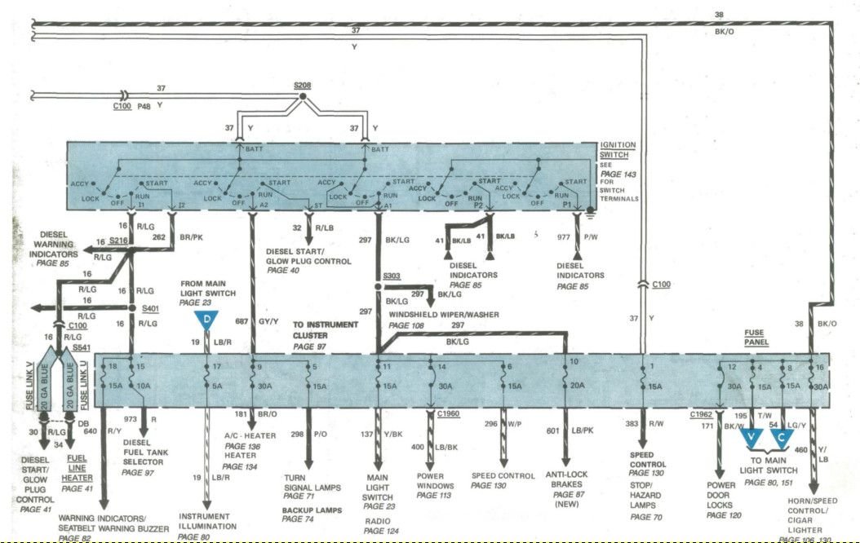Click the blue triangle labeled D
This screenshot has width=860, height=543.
pos(206,319)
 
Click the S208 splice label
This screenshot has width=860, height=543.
pos(302,85)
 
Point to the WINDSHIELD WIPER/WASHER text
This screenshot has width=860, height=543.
pos(443,315)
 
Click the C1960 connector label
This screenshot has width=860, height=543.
pos(449,414)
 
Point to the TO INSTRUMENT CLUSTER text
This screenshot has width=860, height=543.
pos(326,329)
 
